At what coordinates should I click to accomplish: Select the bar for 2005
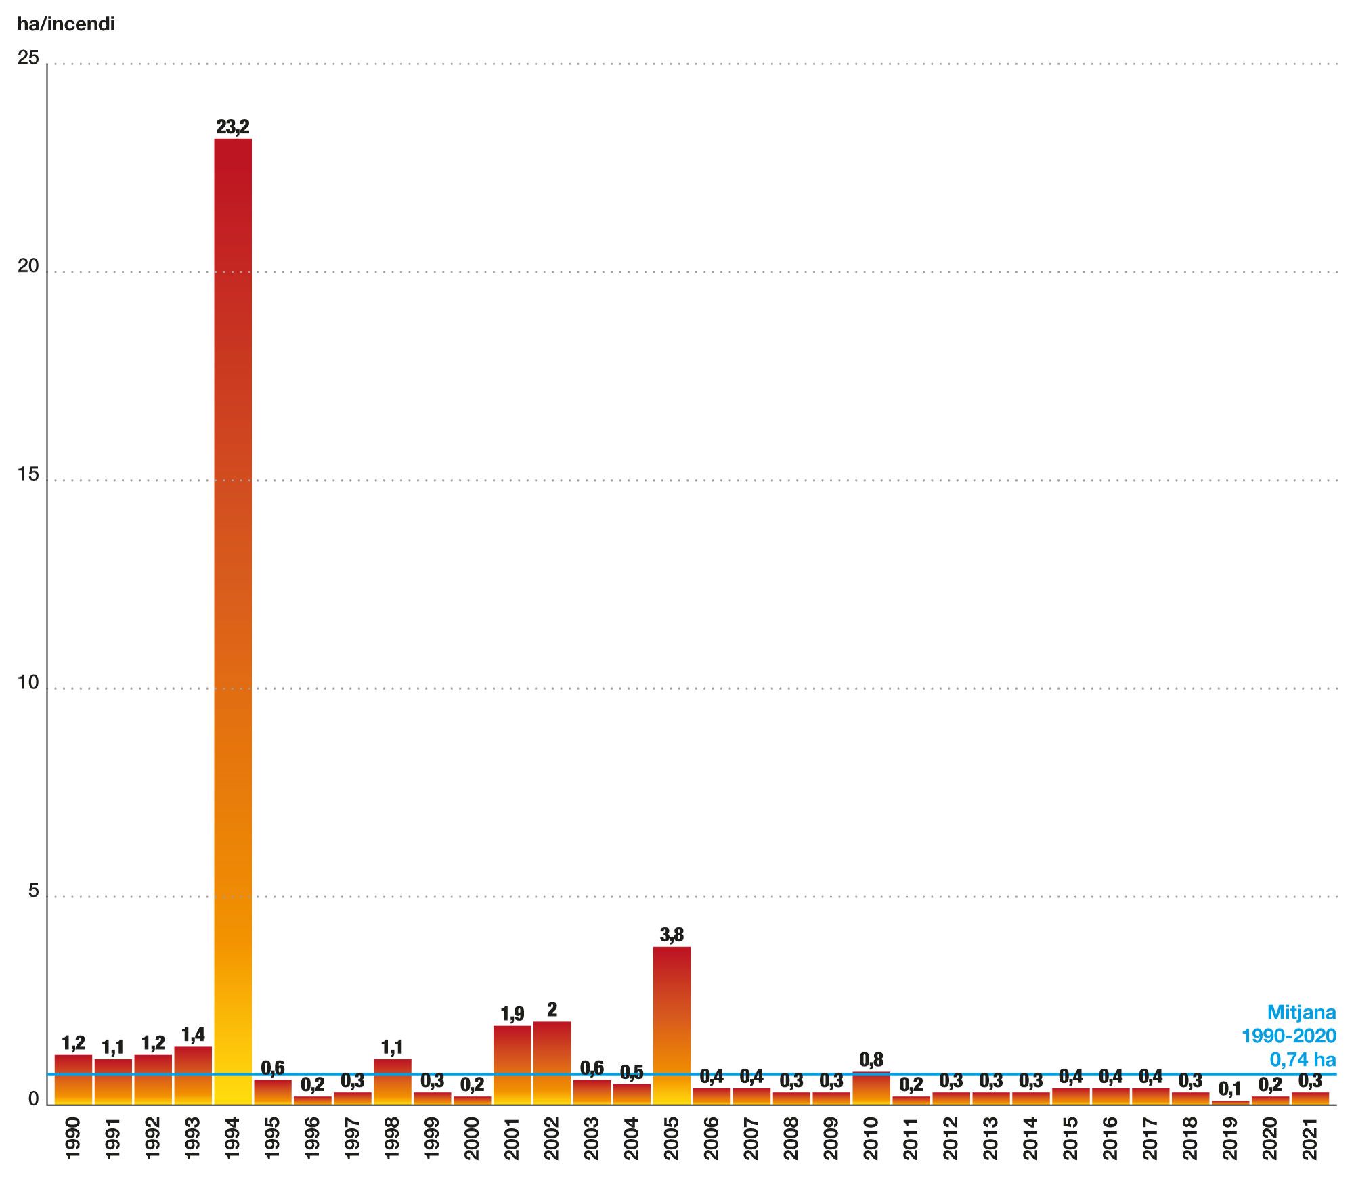coord(672,1025)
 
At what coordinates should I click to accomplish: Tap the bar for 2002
coord(552,1062)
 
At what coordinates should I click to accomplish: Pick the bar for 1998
coord(393,1081)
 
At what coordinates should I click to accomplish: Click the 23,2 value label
coord(233,127)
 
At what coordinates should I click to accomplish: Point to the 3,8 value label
coord(672,935)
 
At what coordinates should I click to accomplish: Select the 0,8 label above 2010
coord(871,1059)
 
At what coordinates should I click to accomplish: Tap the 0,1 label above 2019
coord(1229,1089)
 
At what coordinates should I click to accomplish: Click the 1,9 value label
coord(512,1014)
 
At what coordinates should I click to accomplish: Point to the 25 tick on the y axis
coord(28,58)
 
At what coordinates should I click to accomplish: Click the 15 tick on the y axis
coord(28,475)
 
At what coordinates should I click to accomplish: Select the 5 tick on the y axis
coord(33,891)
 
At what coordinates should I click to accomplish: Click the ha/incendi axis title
coord(66,25)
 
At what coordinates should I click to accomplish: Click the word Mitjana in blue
coord(1301,1013)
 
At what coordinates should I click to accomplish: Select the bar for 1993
coord(193,1075)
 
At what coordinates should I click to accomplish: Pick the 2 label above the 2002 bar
coord(552,1010)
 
